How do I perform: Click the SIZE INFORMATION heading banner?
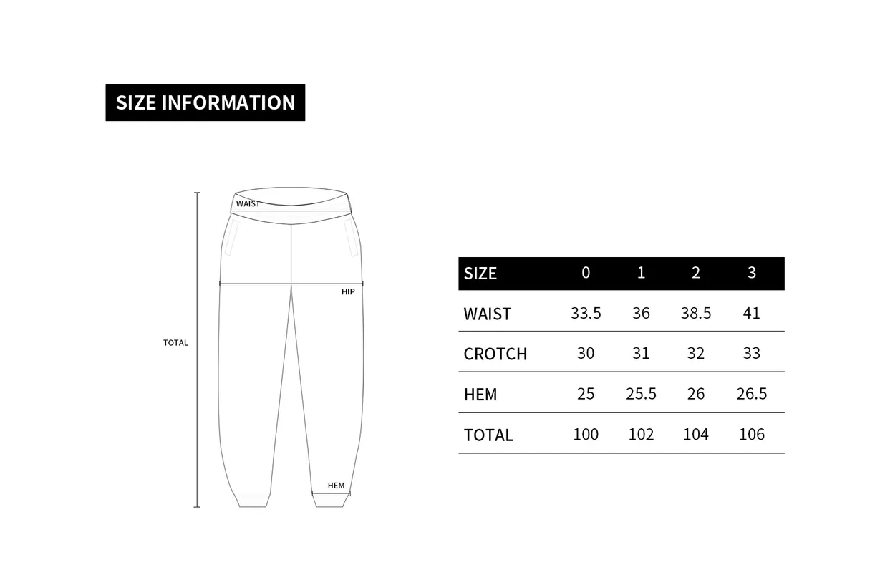(x=205, y=102)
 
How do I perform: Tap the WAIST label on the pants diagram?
(x=248, y=204)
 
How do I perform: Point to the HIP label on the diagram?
(x=348, y=291)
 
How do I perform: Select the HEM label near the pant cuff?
(x=336, y=486)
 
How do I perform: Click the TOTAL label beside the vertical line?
(x=175, y=343)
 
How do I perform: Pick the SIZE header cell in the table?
(x=480, y=274)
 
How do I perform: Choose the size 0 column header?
(x=586, y=273)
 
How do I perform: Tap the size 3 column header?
(x=751, y=273)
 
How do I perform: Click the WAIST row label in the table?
(x=488, y=314)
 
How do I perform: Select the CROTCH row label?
(x=495, y=354)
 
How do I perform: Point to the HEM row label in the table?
(x=480, y=395)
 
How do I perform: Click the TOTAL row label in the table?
(x=488, y=435)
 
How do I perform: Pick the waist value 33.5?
(x=586, y=313)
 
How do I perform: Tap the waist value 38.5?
(x=696, y=313)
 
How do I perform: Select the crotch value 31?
(x=641, y=353)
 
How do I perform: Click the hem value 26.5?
(x=751, y=394)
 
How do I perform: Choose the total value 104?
(x=696, y=434)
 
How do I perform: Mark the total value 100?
(x=586, y=434)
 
